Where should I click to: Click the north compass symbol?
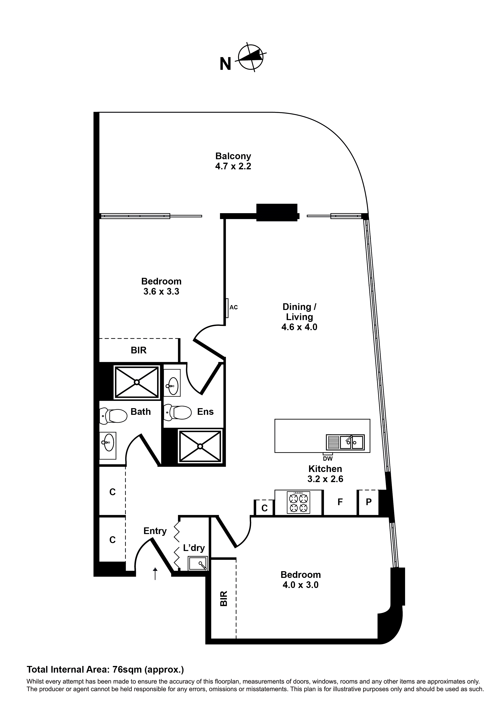(x=251, y=57)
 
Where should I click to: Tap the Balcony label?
(x=233, y=156)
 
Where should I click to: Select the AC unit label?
(x=234, y=307)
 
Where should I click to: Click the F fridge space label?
(x=340, y=502)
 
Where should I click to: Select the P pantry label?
(x=369, y=502)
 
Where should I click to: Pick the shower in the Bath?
(x=137, y=382)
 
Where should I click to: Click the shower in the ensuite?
(x=200, y=446)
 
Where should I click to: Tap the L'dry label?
(x=194, y=548)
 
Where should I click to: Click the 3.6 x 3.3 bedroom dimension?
(x=161, y=292)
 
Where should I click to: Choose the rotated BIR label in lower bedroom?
(x=224, y=598)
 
